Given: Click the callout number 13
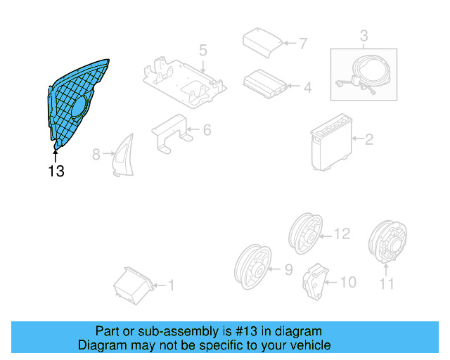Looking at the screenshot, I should [x=56, y=170].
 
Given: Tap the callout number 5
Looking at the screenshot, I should [x=202, y=50].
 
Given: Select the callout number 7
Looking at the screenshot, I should [x=303, y=44].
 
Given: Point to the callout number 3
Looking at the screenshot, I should [x=364, y=35].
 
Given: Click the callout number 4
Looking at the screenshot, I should [x=307, y=88].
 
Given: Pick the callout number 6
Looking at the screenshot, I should [x=207, y=130].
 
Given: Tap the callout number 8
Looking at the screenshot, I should [x=97, y=153].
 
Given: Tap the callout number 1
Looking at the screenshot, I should [x=170, y=285].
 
